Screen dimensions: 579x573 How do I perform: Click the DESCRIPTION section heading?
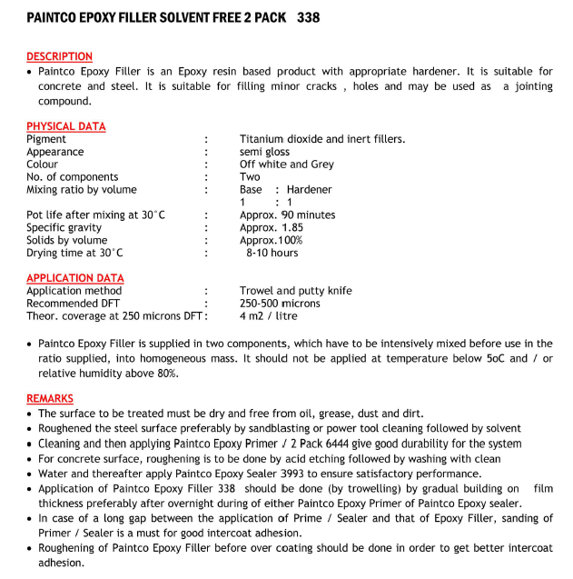(59, 56)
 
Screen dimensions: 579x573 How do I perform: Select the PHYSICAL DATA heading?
(65, 126)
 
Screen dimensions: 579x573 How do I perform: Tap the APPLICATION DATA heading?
(74, 278)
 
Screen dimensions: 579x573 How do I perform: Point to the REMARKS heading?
(49, 398)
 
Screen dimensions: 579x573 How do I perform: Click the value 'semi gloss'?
(264, 152)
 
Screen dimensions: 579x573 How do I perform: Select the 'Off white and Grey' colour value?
(286, 165)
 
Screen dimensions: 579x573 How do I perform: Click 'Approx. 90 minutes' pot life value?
(287, 215)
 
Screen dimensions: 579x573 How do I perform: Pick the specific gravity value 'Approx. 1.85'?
(271, 228)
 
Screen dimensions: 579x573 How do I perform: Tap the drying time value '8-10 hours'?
(272, 253)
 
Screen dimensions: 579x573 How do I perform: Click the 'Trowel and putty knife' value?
(295, 291)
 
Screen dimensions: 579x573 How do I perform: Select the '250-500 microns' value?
(280, 304)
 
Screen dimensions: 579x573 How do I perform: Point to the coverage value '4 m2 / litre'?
(268, 316)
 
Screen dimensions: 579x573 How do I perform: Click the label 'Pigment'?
(46, 139)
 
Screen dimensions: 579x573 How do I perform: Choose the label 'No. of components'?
(72, 177)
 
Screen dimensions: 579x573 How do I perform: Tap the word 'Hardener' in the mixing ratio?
(309, 190)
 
